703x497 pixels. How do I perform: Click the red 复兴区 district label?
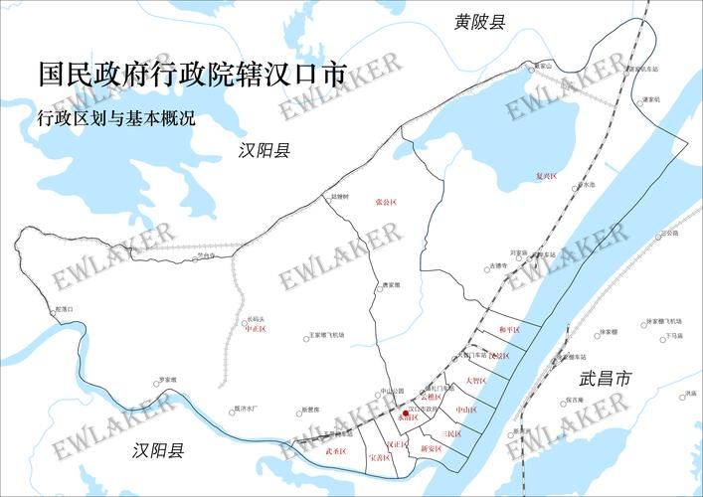547,176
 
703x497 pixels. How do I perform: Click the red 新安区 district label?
431,449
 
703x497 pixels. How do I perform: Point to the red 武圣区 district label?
335,451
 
